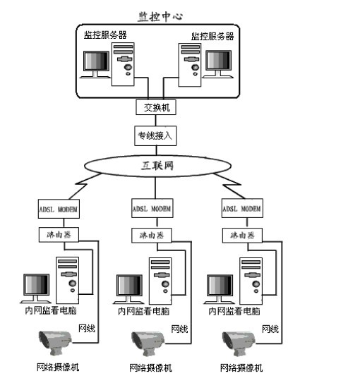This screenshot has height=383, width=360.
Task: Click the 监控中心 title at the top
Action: [160, 17]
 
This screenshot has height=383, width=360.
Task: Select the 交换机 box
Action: [156, 107]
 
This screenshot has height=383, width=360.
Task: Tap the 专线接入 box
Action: [155, 136]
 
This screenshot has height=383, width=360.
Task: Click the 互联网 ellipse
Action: [157, 166]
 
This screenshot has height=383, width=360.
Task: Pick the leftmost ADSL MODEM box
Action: [59, 209]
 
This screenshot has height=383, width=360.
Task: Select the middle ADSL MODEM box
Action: [152, 208]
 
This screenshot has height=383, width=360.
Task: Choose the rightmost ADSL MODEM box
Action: [242, 208]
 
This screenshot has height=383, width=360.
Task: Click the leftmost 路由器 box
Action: [59, 235]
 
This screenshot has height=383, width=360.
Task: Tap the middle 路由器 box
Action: [152, 236]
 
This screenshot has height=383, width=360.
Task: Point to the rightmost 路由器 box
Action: [242, 236]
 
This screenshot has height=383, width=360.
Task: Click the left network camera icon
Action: [55, 343]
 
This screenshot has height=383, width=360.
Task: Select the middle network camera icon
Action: [148, 344]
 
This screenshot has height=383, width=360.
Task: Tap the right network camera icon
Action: [239, 344]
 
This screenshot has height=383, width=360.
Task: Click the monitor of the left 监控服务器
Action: [96, 64]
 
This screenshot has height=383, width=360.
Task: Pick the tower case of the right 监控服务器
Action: [190, 65]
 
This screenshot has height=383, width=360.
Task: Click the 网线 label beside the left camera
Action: [87, 329]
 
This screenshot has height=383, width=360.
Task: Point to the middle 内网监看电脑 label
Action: [144, 311]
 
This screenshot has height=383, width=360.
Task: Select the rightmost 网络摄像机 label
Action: [241, 368]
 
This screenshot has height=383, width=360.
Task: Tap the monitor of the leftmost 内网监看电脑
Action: [36, 288]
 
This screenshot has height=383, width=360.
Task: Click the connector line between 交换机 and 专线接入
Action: [156, 121]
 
